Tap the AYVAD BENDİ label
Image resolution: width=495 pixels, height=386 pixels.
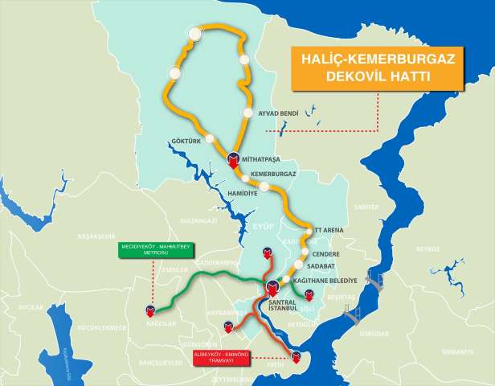[279, 113]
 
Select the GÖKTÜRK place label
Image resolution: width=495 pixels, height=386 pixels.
[185, 142]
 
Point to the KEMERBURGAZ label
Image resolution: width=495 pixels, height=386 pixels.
[273, 174]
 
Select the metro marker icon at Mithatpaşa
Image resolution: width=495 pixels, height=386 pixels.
[234, 158]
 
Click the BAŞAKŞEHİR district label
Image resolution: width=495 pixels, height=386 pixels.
[74, 237]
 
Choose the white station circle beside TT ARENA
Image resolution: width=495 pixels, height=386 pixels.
[308, 232]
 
